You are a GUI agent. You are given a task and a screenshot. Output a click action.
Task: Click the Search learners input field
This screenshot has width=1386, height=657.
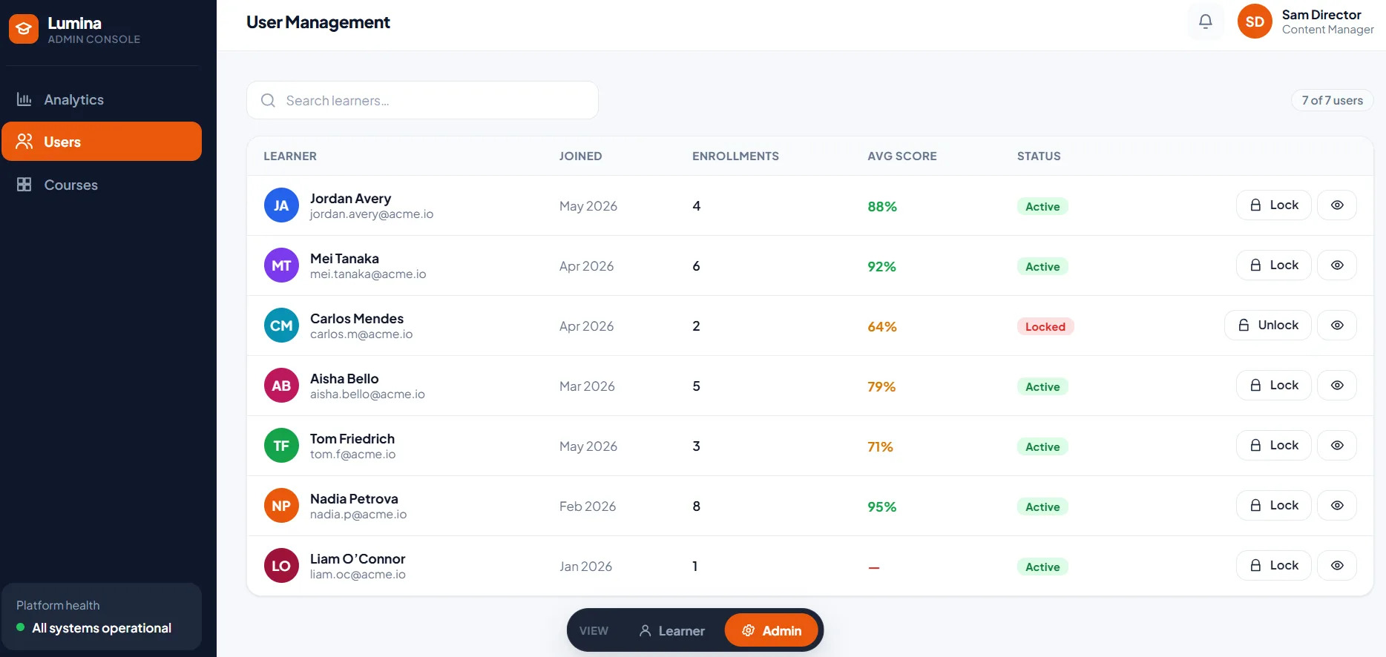(422, 100)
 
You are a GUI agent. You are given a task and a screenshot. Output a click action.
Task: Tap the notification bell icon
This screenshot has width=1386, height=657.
(1206, 22)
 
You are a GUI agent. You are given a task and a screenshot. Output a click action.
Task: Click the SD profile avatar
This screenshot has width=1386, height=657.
(1255, 22)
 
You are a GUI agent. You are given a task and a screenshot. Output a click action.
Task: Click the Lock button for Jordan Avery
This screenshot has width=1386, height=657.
(1274, 205)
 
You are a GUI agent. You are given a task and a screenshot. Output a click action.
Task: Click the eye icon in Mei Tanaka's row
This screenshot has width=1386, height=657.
(1337, 265)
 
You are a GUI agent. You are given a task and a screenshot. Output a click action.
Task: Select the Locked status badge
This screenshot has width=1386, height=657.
(1045, 326)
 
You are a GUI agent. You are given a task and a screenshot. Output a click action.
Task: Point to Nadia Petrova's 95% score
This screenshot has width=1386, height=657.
(882, 506)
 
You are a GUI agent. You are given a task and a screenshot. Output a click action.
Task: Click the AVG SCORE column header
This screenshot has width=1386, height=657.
(902, 156)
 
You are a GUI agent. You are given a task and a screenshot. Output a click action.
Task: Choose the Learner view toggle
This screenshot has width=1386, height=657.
(672, 630)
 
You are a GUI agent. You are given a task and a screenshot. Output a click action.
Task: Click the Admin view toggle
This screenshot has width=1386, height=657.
(772, 630)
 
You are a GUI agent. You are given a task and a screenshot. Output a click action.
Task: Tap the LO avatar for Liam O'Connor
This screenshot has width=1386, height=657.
(281, 566)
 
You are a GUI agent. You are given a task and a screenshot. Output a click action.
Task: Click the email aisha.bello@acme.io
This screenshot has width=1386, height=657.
(367, 394)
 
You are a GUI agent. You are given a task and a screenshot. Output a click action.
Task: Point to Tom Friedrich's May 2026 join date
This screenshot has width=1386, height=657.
(588, 446)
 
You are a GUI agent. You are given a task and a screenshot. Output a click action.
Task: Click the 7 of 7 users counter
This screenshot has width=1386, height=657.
(1333, 100)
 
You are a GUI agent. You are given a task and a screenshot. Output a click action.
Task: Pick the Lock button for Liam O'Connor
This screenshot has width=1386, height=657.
(1274, 566)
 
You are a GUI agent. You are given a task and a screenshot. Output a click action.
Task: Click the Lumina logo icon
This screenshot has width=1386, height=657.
(24, 29)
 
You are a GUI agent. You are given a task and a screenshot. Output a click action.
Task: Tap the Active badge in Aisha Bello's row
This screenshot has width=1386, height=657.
(1042, 386)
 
